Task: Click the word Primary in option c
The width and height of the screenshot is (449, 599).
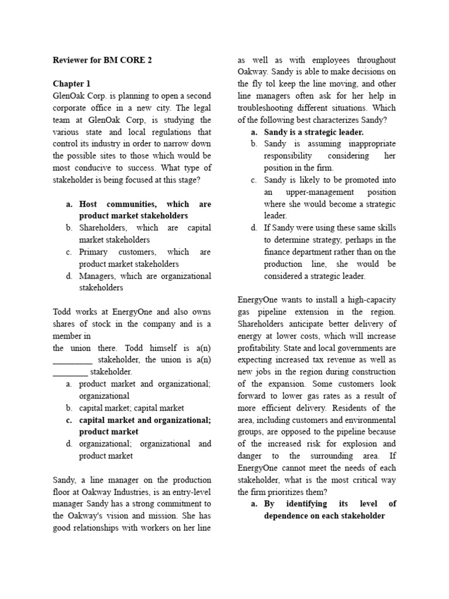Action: click(x=95, y=252)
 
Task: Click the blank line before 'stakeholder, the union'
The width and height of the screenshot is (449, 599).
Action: click(x=72, y=360)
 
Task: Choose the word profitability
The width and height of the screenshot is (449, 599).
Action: click(x=262, y=348)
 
